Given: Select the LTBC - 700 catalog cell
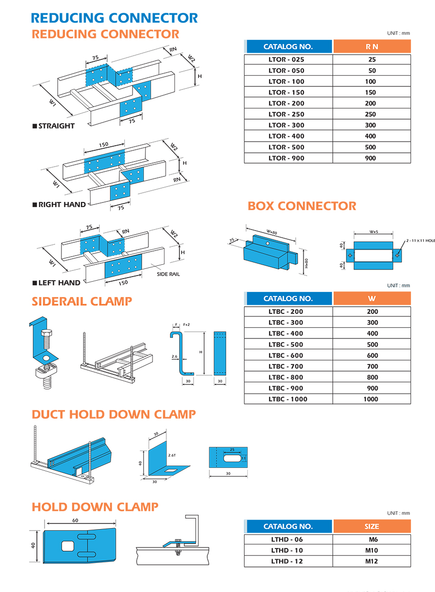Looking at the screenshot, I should (288, 366).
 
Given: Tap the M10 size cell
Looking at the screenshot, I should (372, 550).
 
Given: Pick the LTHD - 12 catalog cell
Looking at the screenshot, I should (288, 561).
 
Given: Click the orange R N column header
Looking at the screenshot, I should (372, 47).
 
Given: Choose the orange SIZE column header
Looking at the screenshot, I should (372, 526).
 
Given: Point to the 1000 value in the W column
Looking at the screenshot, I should (372, 399).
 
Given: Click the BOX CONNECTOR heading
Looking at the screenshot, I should (302, 206).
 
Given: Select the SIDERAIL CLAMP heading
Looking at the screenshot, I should (82, 301).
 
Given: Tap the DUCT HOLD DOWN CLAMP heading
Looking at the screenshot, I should (114, 414).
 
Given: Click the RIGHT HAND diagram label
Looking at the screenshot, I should (62, 204).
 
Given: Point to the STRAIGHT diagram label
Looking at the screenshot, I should (56, 126).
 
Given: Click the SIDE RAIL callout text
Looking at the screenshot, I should (169, 275).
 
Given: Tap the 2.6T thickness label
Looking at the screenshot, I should (172, 454).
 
